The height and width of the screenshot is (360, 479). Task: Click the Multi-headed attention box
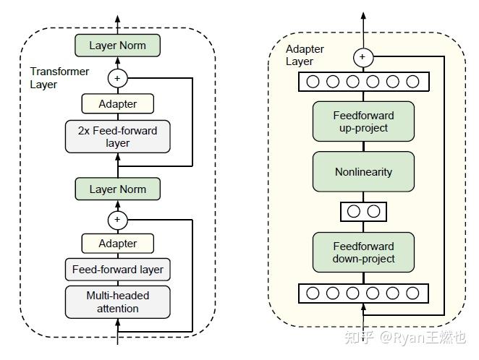117,301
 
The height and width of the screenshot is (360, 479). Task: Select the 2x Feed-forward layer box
117,137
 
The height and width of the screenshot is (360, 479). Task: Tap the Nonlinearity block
363,172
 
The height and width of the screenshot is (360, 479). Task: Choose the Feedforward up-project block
363,121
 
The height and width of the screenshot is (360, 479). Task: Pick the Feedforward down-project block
363,252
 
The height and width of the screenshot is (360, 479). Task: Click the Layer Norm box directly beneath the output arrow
117,46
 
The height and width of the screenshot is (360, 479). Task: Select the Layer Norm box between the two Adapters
117,189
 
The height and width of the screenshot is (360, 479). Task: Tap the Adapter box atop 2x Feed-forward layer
117,103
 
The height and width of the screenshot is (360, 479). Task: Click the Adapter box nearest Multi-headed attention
117,244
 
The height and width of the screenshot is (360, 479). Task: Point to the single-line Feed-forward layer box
117,270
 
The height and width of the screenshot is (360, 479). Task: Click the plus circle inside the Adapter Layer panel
363,56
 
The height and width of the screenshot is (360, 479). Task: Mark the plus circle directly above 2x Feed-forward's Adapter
117,77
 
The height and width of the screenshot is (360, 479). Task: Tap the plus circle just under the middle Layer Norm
117,219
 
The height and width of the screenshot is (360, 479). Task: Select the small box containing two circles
363,212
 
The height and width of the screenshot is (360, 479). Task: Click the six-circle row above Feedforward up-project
363,82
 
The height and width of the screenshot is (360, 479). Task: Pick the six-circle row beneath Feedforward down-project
363,293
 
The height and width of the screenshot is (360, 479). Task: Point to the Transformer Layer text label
59,77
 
